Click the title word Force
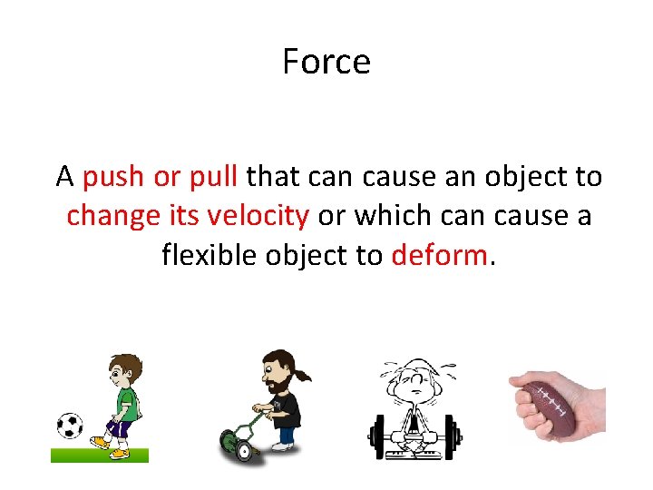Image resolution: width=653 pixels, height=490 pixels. pyautogui.click(x=326, y=63)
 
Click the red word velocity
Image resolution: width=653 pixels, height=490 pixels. pyautogui.click(x=258, y=216)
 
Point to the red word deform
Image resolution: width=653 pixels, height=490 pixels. pyautogui.click(x=439, y=256)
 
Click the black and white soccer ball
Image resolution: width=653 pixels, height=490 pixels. pyautogui.click(x=70, y=426)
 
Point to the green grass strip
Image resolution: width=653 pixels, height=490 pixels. pyautogui.click(x=99, y=455)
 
